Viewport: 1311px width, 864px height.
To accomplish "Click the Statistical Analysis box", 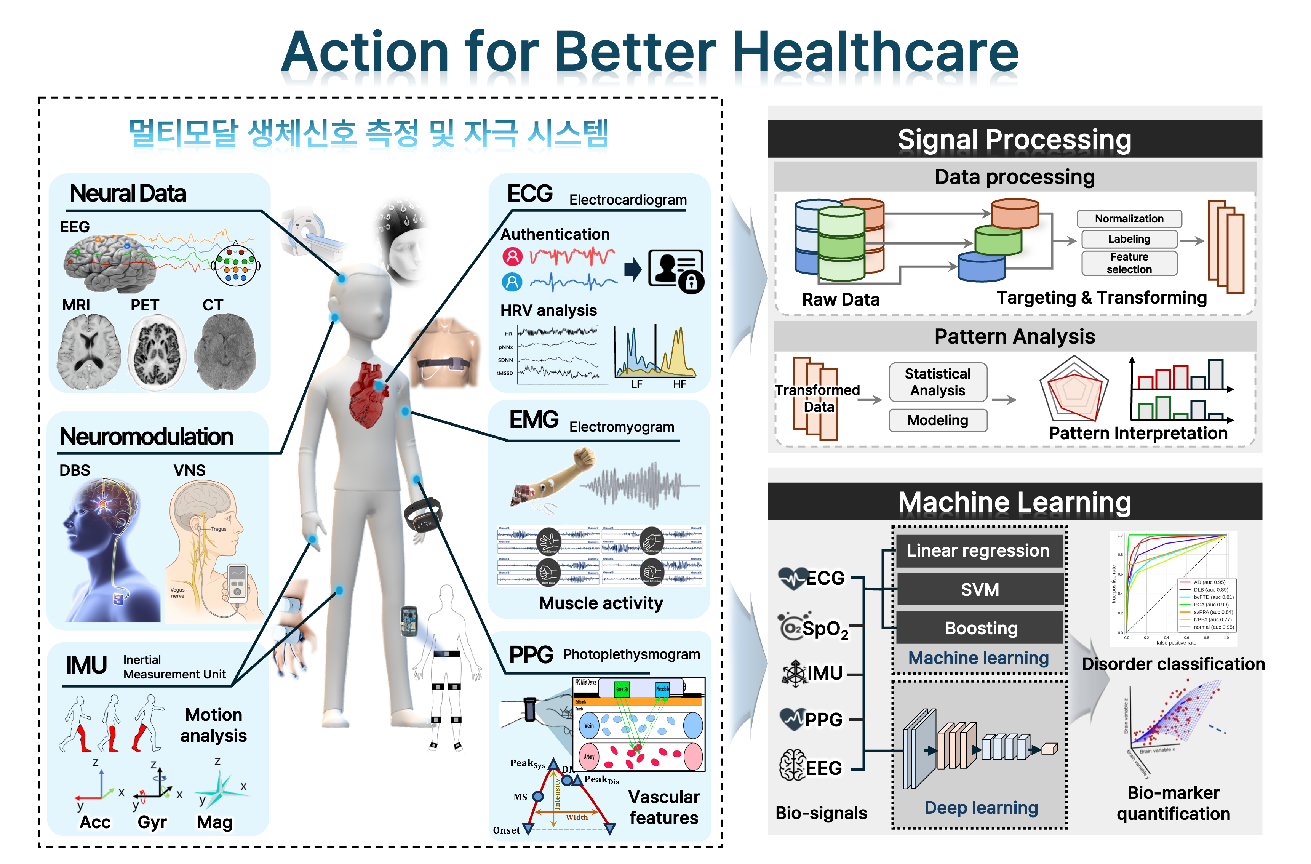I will point(937,382).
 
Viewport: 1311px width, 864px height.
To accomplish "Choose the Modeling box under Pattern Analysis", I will point(937,421).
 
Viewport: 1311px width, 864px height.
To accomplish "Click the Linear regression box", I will point(978,550).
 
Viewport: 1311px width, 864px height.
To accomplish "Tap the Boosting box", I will point(980,628).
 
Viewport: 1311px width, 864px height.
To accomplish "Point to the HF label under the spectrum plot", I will point(679,384).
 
